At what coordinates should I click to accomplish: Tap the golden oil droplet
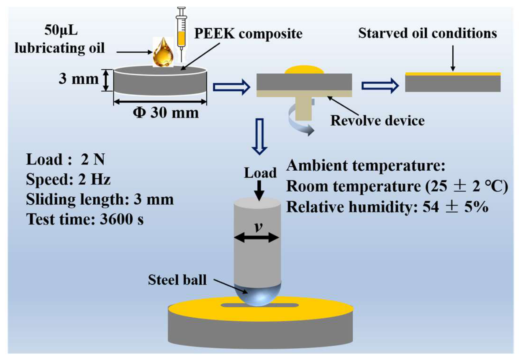click(x=163, y=53)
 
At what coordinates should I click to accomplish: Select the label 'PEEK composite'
click(x=248, y=34)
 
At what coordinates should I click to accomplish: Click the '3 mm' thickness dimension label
click(x=79, y=79)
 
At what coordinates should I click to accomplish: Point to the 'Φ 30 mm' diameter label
click(x=166, y=113)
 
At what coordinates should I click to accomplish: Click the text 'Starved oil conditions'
click(x=428, y=33)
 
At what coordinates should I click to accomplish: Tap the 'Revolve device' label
click(x=377, y=121)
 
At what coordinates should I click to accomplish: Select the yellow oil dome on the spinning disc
click(x=305, y=70)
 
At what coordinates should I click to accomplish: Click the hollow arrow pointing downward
click(x=260, y=136)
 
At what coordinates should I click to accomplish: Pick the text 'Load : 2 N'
click(x=66, y=159)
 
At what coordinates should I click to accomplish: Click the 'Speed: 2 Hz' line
click(x=68, y=180)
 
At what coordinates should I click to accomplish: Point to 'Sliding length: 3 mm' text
click(x=100, y=200)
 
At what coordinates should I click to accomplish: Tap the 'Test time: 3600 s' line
click(x=85, y=220)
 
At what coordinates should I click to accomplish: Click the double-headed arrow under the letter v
click(x=257, y=238)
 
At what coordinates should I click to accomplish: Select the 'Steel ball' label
click(x=177, y=280)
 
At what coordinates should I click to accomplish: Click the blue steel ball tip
click(x=258, y=296)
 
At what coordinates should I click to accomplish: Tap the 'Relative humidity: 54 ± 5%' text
click(x=387, y=207)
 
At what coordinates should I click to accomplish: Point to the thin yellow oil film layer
click(x=453, y=74)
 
